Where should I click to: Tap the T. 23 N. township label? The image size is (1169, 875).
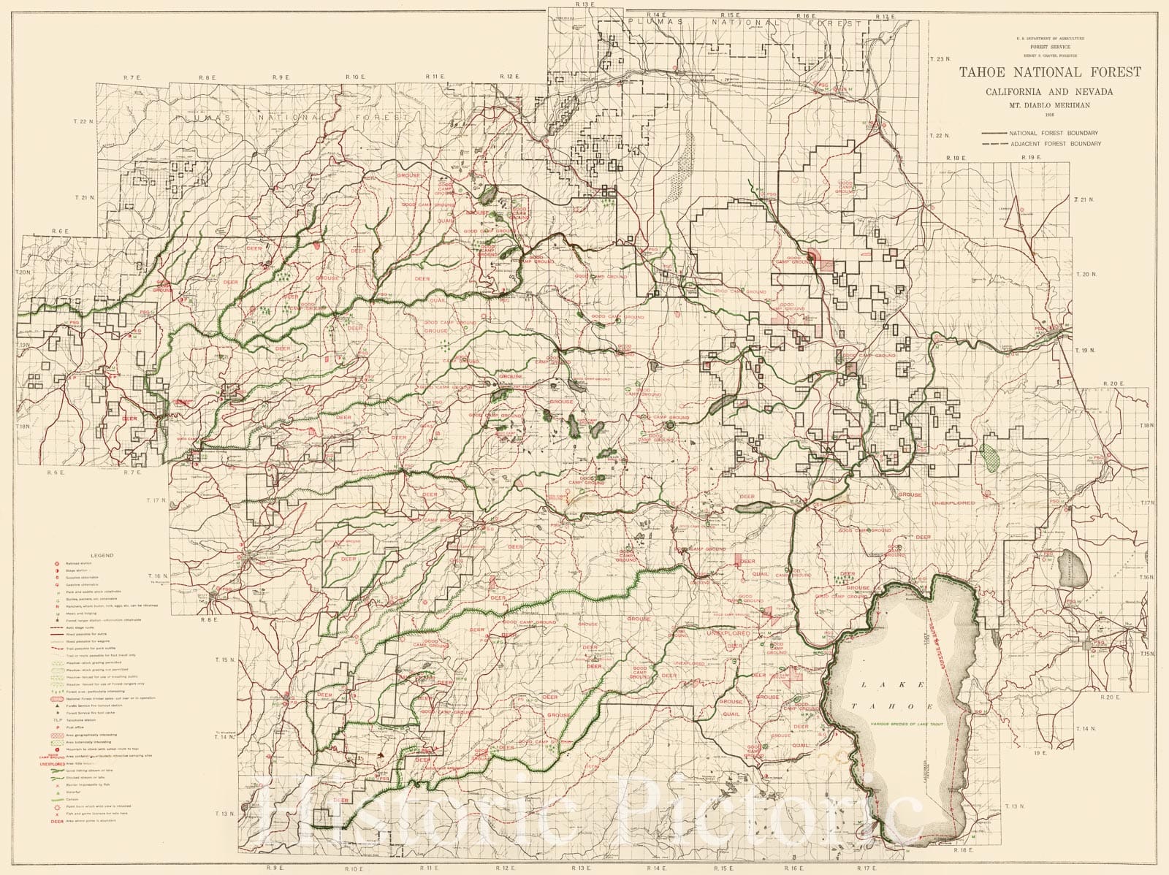coord(943,58)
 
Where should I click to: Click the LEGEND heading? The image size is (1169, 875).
coord(102,556)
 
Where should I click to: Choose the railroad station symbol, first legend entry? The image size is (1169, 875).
coord(57,564)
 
